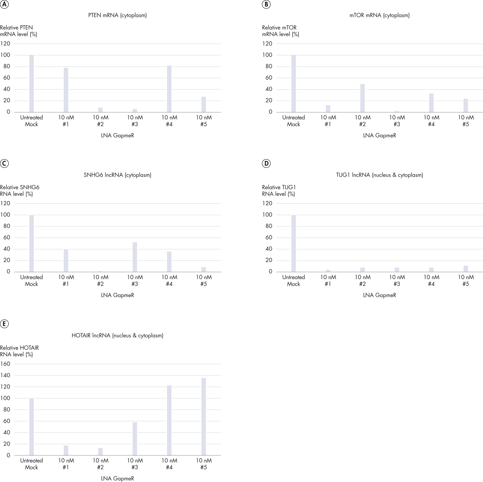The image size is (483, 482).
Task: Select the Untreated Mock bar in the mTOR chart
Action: pyautogui.click(x=294, y=84)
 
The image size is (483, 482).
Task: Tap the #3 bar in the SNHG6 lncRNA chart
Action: pyautogui.click(x=135, y=257)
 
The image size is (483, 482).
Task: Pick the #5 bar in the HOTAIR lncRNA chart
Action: pyautogui.click(x=204, y=417)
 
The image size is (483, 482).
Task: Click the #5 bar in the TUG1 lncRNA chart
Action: pyautogui.click(x=466, y=269)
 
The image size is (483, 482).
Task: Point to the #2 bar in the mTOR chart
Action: pyautogui.click(x=362, y=98)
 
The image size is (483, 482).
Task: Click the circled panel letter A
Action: pyautogui.click(x=4, y=4)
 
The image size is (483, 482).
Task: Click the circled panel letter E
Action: pyautogui.click(x=4, y=324)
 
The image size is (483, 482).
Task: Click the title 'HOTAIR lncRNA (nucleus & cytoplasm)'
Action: pyautogui.click(x=118, y=336)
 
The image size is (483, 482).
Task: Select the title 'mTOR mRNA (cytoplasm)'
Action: pyautogui.click(x=379, y=15)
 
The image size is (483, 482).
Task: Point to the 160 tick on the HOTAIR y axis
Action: pyautogui.click(x=5, y=364)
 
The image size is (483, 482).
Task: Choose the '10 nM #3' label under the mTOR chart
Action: pyautogui.click(x=397, y=121)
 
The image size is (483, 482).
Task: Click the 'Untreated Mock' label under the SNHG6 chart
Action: pyautogui.click(x=32, y=280)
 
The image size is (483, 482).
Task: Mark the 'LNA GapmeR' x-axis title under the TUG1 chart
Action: pyautogui.click(x=379, y=295)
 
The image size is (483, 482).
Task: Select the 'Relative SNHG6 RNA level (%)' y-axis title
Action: pyautogui.click(x=19, y=191)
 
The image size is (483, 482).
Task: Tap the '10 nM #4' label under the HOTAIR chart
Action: pyautogui.click(x=169, y=464)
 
